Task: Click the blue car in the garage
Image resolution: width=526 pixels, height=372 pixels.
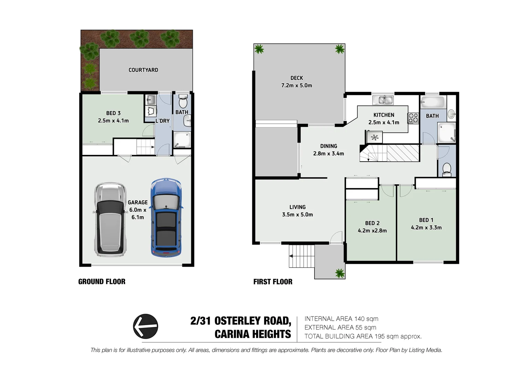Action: pos(166,218)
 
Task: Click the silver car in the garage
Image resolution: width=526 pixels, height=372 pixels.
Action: pos(109,219)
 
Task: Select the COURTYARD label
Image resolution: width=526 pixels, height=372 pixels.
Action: pos(143,70)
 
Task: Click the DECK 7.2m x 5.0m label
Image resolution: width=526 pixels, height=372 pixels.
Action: pos(296,82)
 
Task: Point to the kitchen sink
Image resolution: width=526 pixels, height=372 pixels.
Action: pos(383,100)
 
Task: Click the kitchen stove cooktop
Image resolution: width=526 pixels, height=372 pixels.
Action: pos(413,118)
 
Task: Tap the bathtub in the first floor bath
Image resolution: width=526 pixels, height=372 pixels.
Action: pos(433,102)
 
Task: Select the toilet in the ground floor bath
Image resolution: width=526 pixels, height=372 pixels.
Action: pos(183,102)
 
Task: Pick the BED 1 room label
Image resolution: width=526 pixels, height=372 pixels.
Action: pos(426,220)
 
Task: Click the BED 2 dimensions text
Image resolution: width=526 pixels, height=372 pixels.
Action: pos(372,231)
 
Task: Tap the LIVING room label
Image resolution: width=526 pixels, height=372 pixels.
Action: pos(297,207)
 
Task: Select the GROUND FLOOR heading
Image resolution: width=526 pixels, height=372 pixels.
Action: pos(102,282)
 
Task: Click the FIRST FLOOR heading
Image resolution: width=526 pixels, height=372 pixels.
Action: pos(273,282)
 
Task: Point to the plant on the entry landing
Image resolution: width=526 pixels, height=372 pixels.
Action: pos(339,273)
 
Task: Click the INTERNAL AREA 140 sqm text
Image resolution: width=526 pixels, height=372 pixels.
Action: pos(341,319)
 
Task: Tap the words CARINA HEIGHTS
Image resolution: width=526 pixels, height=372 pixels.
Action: pos(253,334)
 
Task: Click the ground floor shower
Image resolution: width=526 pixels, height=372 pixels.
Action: pos(182,140)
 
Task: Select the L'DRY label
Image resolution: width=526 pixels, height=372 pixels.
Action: pos(162,121)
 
